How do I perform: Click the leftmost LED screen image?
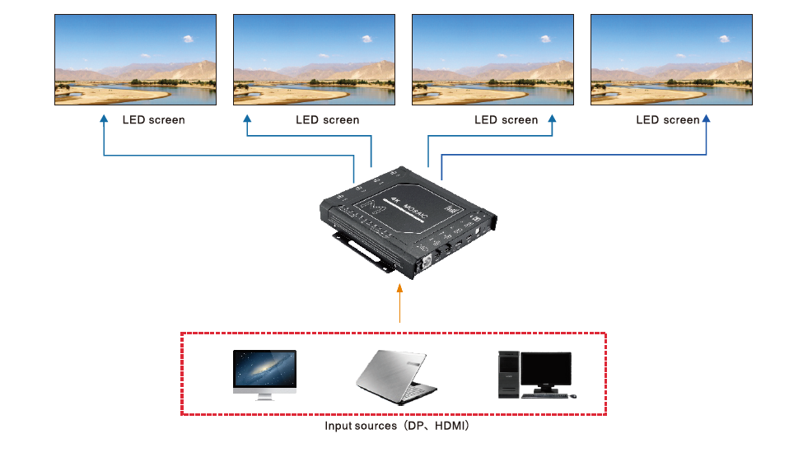tap(135, 59)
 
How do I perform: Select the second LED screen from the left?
tap(314, 59)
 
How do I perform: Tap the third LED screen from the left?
tap(493, 59)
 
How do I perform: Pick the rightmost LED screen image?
tap(671, 59)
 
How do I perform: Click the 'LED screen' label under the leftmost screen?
tap(154, 120)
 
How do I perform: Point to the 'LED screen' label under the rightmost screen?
tap(667, 120)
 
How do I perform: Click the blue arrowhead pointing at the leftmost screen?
tap(104, 119)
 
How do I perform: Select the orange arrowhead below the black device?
tap(399, 288)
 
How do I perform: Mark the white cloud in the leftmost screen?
tap(188, 38)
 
